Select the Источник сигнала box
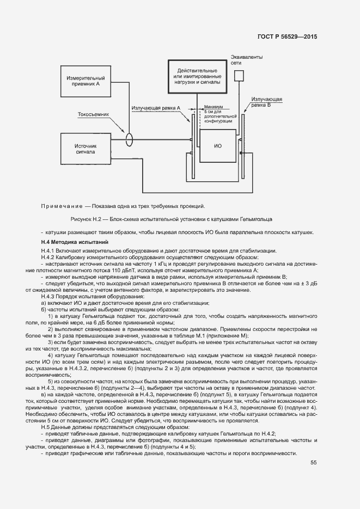pyautogui.click(x=86, y=149)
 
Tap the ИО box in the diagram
pyautogui.click(x=218, y=146)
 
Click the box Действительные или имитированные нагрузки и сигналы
pyautogui.click(x=197, y=78)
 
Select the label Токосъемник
pyautogui.click(x=94, y=115)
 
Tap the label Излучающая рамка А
pyautogui.click(x=156, y=108)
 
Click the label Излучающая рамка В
pyautogui.click(x=266, y=102)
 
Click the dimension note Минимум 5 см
pyautogui.click(x=218, y=112)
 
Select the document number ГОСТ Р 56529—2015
pyautogui.click(x=287, y=37)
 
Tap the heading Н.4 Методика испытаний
pyautogui.click(x=75, y=242)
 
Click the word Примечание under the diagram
pyautogui.click(x=60, y=206)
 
